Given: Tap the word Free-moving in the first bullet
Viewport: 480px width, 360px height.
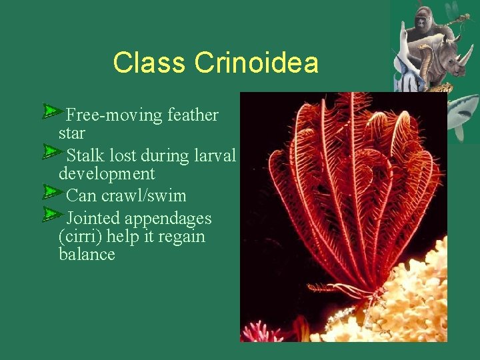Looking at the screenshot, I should (114, 115).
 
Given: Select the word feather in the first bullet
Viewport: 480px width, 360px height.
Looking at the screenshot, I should (193, 115).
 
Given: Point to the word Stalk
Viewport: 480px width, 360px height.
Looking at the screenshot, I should (85, 156).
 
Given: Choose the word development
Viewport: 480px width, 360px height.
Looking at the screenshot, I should (106, 174).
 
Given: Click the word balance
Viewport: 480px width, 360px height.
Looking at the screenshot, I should (87, 255).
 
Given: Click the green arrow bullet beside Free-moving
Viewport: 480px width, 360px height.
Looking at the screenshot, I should (52, 111).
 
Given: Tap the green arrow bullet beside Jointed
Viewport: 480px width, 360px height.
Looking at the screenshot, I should (52, 214).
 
